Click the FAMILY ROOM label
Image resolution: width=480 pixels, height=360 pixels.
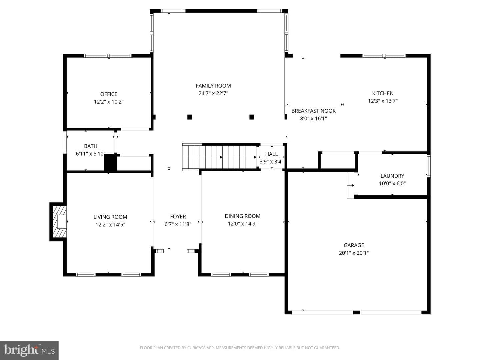click(x=213, y=86)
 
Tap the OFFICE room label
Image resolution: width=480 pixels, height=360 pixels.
click(x=109, y=94)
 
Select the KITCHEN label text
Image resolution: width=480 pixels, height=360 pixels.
click(x=383, y=93)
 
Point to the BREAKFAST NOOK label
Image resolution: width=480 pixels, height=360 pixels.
click(x=313, y=111)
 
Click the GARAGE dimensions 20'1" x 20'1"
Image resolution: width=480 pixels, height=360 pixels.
click(x=354, y=253)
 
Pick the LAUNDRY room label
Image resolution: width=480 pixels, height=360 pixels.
click(x=392, y=176)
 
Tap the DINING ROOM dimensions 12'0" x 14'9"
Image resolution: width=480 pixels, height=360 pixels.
click(x=243, y=224)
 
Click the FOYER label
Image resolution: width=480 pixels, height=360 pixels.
click(x=178, y=217)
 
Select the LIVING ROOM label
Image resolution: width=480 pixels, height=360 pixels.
click(x=110, y=217)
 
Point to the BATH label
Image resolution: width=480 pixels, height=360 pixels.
click(x=91, y=146)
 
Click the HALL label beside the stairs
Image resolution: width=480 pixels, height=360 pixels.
click(x=271, y=154)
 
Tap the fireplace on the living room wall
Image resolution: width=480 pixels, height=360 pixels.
click(x=58, y=222)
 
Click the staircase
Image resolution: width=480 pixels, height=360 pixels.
click(x=220, y=157)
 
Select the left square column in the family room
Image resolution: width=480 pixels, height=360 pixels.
click(x=190, y=117)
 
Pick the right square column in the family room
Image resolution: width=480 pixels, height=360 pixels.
click(x=252, y=117)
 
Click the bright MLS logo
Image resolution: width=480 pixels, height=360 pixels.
click(x=29, y=350)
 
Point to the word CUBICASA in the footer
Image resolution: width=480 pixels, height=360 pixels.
click(x=196, y=348)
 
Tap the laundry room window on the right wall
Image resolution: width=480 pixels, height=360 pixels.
click(x=429, y=166)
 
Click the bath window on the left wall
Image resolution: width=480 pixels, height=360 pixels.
click(x=65, y=142)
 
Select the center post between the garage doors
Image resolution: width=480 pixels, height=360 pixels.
click(x=356, y=313)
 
